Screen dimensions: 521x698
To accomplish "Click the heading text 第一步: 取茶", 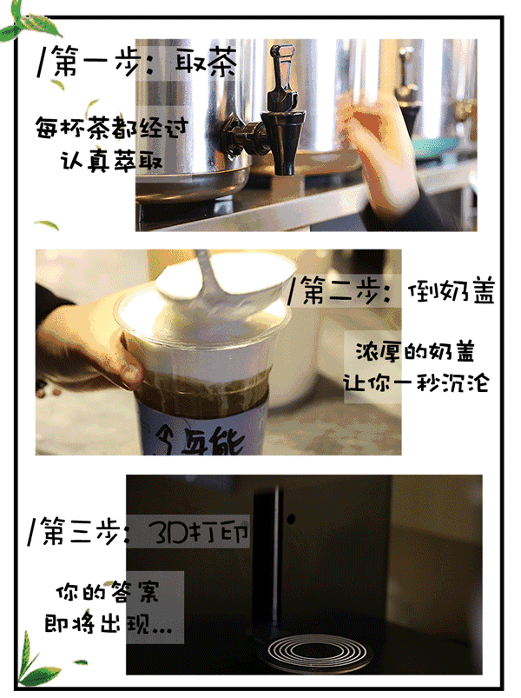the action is tap(136, 62).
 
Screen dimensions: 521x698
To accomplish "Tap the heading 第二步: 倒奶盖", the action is tap(392, 290).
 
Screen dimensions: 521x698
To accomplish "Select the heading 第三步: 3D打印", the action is tap(138, 531).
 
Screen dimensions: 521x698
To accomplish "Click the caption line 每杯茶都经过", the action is tap(111, 128).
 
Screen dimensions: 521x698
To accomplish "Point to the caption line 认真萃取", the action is tap(111, 160).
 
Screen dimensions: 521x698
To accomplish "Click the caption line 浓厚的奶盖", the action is tap(415, 352).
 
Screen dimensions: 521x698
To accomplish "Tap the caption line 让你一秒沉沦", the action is tap(416, 382).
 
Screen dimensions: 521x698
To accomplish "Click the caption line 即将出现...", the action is tap(108, 623).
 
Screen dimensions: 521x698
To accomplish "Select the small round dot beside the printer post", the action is tap(291, 519).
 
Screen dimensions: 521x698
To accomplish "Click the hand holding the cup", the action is tap(89, 356).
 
